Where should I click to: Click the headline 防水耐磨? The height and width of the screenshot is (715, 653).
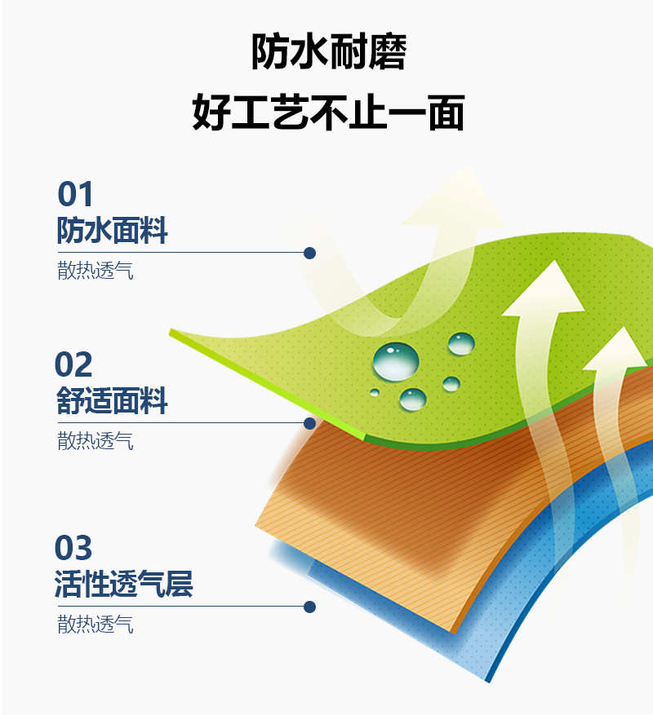click(329, 51)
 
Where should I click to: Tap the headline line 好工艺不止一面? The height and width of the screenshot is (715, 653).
click(328, 113)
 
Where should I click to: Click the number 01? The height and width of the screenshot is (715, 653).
click(75, 194)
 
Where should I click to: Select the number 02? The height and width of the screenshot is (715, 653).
click(73, 364)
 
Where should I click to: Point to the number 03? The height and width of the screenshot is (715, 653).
click(73, 548)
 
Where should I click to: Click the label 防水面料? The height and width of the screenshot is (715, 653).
click(113, 230)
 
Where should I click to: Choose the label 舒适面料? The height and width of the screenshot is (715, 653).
click(113, 401)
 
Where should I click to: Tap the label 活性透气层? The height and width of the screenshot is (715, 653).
click(124, 584)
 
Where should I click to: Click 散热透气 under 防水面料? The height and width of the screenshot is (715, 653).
click(96, 271)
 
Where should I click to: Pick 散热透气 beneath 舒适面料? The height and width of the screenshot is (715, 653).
click(96, 441)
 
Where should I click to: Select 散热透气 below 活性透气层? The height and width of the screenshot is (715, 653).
click(96, 625)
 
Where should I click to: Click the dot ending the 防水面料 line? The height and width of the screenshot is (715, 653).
click(309, 253)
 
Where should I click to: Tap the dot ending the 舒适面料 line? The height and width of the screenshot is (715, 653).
click(309, 424)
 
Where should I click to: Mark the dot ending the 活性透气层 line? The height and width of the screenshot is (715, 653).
click(309, 607)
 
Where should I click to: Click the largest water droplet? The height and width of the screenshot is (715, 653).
click(395, 362)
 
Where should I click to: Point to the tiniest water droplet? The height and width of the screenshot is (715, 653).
click(375, 392)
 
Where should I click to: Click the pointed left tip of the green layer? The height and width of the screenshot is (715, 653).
click(171, 332)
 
